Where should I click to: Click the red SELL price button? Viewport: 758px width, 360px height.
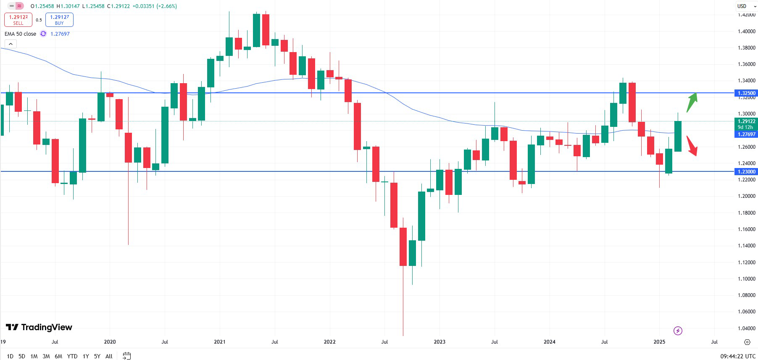pyautogui.click(x=18, y=20)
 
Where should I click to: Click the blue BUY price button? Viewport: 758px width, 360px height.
pyautogui.click(x=59, y=20)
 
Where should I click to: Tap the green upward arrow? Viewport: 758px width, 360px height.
pyautogui.click(x=692, y=102)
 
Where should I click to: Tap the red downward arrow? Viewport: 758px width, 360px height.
pyautogui.click(x=692, y=146)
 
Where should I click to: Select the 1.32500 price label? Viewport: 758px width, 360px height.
pyautogui.click(x=746, y=93)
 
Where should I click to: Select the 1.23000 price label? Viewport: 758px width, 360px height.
pyautogui.click(x=746, y=171)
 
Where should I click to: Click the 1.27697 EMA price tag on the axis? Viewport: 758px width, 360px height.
pyautogui.click(x=746, y=134)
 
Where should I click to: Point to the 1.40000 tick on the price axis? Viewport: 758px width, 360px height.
pyautogui.click(x=746, y=32)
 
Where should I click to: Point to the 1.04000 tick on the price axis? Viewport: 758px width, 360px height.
pyautogui.click(x=746, y=328)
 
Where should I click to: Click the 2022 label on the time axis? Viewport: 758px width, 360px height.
pyautogui.click(x=329, y=342)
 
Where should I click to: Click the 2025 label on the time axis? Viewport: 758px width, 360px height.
pyautogui.click(x=659, y=342)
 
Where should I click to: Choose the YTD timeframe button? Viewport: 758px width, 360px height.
pyautogui.click(x=72, y=356)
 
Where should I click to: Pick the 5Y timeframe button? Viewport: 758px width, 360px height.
pyautogui.click(x=97, y=356)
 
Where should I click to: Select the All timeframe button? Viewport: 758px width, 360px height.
pyautogui.click(x=109, y=356)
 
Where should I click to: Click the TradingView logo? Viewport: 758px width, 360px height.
pyautogui.click(x=39, y=327)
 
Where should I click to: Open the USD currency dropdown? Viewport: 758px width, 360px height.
pyautogui.click(x=746, y=6)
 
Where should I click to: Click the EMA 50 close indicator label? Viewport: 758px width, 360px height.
pyautogui.click(x=20, y=34)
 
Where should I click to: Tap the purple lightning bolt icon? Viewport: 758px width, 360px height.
pyautogui.click(x=678, y=331)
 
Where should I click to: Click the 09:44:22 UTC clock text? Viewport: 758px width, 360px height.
pyautogui.click(x=738, y=356)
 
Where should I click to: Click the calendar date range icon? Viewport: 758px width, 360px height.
pyautogui.click(x=126, y=356)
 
